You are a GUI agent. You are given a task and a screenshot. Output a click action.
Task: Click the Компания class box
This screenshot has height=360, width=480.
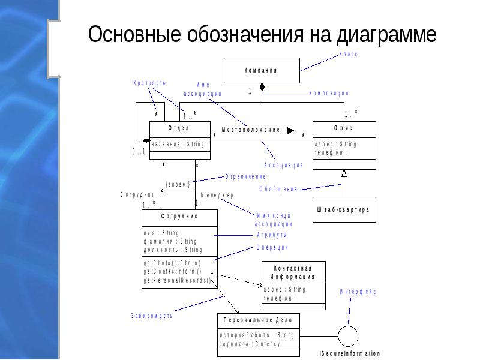[262, 70]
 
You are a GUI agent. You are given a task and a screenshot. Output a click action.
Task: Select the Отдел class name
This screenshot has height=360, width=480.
[179, 128]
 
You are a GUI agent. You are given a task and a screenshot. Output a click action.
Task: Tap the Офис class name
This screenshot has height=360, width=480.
[343, 128]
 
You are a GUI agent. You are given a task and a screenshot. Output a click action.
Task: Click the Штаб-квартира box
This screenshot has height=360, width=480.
[344, 210]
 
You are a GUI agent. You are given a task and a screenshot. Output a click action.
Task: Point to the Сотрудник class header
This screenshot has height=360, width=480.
[179, 216]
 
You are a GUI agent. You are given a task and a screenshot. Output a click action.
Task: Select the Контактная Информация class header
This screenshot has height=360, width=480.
[294, 272]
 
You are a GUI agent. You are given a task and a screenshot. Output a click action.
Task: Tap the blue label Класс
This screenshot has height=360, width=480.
[348, 55]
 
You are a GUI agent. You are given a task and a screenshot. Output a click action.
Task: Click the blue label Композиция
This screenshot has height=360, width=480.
[329, 94]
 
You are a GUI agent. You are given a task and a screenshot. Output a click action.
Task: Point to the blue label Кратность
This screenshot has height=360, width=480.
[149, 83]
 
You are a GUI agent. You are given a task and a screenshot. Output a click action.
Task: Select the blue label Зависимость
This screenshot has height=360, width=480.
[152, 316]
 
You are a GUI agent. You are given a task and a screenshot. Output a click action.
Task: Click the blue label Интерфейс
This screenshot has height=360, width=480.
[358, 292]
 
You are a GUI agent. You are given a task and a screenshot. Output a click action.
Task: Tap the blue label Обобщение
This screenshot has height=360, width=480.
[278, 190]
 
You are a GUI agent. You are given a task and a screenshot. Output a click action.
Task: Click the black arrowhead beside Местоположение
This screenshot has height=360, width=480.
[290, 130]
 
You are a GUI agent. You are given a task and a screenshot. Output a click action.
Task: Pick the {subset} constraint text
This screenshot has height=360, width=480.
[178, 184]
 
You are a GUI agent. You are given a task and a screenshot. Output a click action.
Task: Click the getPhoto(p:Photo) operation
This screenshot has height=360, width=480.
[172, 263]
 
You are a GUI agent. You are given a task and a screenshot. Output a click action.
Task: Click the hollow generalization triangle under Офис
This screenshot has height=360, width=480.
[344, 174]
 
